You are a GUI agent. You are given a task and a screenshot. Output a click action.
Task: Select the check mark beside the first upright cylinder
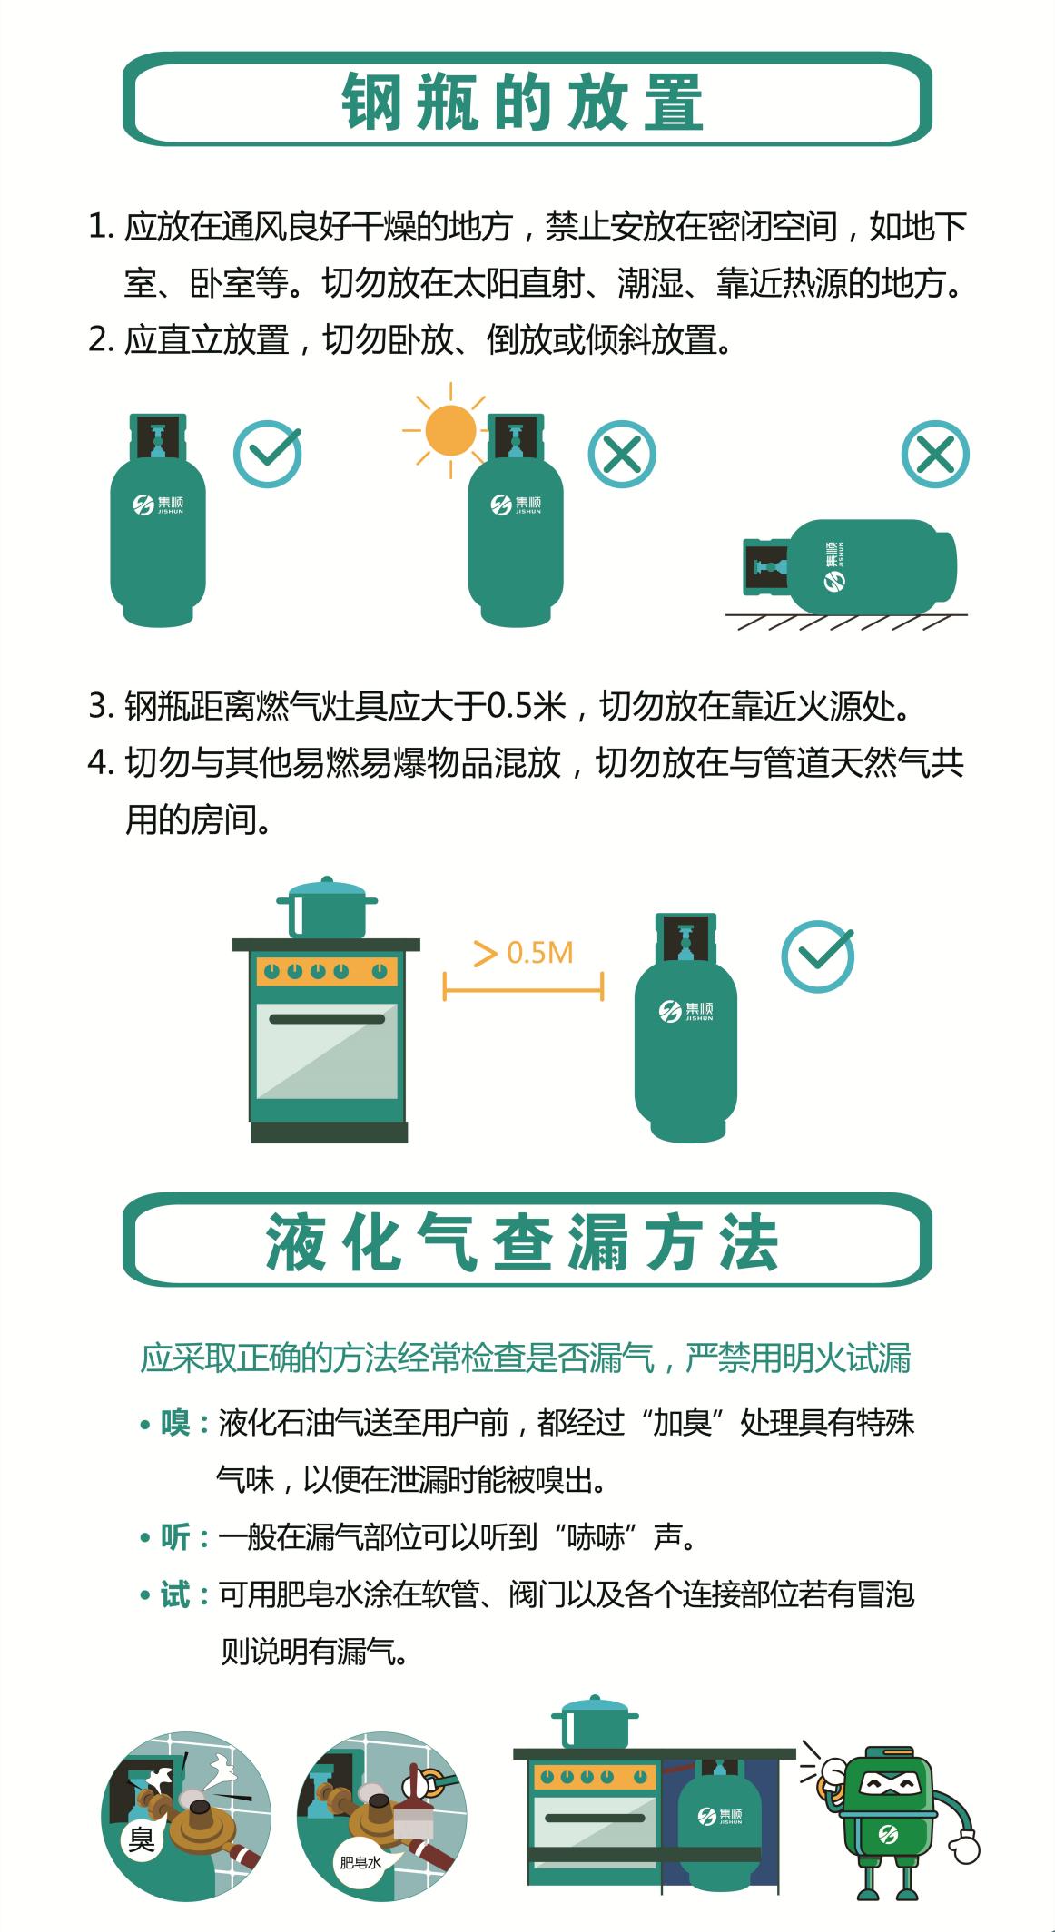pos(268,454)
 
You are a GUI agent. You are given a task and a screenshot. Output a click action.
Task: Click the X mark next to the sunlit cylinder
pos(622,454)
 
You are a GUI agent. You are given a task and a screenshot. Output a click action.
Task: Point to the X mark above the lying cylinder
pos(935,454)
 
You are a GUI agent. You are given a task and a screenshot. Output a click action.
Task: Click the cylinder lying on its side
pos(849,566)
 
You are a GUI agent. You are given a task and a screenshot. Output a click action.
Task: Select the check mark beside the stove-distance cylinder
pos(818,956)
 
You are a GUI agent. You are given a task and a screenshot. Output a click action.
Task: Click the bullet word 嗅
pos(175,1423)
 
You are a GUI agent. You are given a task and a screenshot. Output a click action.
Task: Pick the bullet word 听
pos(175,1537)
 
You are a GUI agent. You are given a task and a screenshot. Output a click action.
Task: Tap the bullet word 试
pos(175,1594)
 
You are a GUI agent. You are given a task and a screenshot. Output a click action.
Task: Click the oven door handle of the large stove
pos(327,1019)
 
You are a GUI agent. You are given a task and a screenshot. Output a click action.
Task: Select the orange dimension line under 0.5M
pos(523,986)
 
